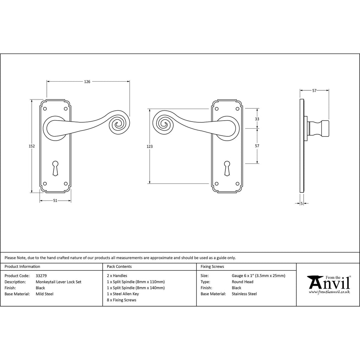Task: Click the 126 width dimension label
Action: [x=87, y=82]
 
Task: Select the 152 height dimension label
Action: [x=32, y=146]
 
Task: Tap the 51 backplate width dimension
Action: [x=55, y=200]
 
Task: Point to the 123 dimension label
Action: [x=149, y=146]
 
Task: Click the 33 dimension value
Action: [x=257, y=119]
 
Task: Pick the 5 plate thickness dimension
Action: [x=302, y=203]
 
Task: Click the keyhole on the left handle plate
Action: [x=55, y=168]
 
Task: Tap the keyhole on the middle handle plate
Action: [x=227, y=168]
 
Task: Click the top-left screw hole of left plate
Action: [x=45, y=109]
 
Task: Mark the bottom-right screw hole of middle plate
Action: [x=238, y=184]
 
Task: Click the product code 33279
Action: [x=41, y=276]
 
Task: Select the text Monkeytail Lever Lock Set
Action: [x=59, y=282]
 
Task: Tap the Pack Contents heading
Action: [x=119, y=266]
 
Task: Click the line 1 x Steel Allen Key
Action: [x=123, y=294]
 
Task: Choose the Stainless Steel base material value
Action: [x=244, y=294]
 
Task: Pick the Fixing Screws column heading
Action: [x=212, y=266]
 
